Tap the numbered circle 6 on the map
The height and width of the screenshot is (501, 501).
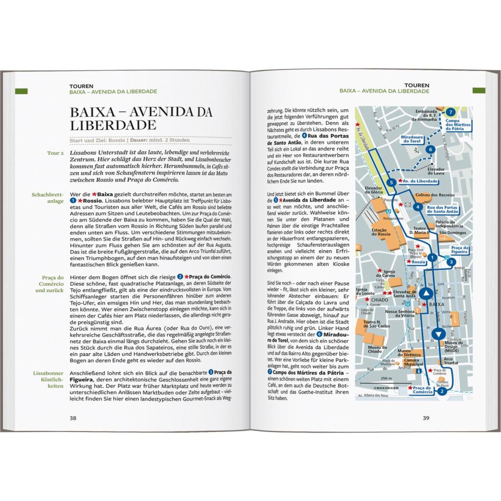(430, 149)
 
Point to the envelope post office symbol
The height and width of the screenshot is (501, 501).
(407, 205)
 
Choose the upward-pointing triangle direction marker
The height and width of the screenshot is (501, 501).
(426, 294)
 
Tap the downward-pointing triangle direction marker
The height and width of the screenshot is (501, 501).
(439, 335)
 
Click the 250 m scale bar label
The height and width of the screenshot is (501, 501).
(387, 379)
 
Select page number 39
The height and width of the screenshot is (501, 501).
(426, 418)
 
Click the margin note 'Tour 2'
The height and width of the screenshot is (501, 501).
(55, 153)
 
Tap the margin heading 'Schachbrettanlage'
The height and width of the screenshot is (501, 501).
(48, 198)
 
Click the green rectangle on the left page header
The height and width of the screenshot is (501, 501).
(22, 91)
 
